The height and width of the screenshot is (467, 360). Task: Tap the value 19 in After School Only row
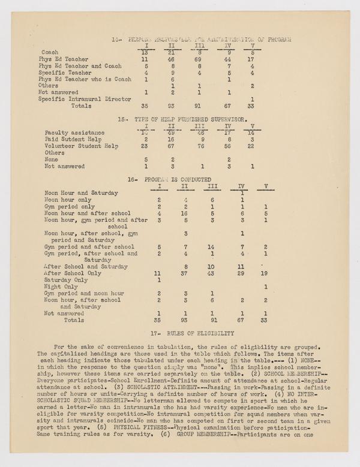265,273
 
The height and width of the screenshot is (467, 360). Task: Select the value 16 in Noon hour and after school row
169,213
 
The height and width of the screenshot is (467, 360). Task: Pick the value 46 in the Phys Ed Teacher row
170,60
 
